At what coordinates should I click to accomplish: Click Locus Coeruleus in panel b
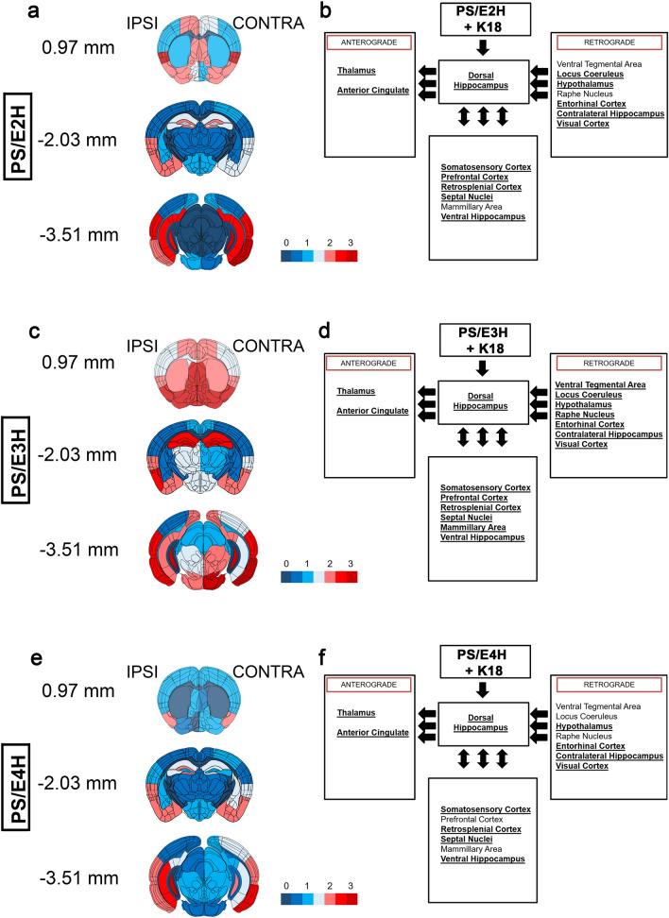[x=592, y=72]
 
